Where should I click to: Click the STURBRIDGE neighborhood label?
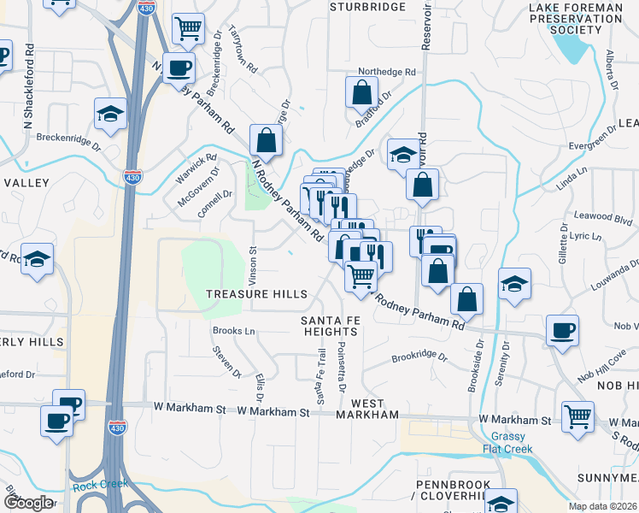pyautogui.click(x=367, y=6)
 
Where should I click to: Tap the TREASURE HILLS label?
pyautogui.click(x=256, y=294)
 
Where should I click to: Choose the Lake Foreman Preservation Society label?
pyautogui.click(x=577, y=18)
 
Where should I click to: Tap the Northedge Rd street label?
pyautogui.click(x=386, y=72)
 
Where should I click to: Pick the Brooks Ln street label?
pyautogui.click(x=233, y=331)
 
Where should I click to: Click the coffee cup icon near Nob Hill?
pyautogui.click(x=562, y=331)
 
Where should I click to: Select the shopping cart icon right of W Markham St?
pyautogui.click(x=577, y=416)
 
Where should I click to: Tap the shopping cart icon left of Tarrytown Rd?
pyautogui.click(x=188, y=27)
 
